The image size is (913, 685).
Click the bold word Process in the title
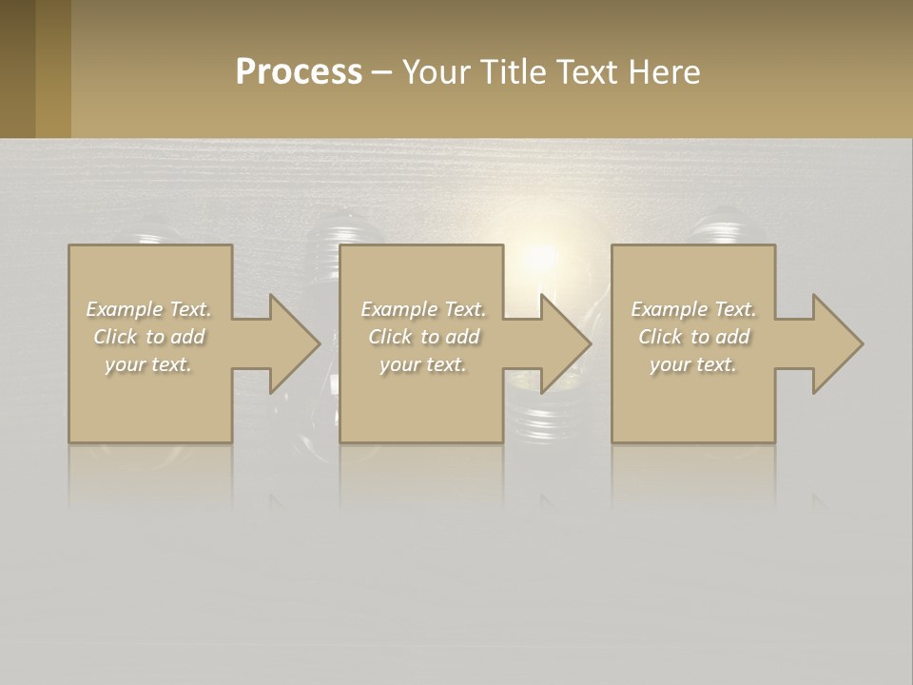(x=299, y=72)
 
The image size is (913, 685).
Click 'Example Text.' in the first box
(x=148, y=309)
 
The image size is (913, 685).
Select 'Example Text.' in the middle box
(x=423, y=309)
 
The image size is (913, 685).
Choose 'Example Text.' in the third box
(x=693, y=309)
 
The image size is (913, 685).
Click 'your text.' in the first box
(x=148, y=364)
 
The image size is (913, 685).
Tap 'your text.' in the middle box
(x=423, y=364)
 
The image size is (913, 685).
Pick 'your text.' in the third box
(x=693, y=364)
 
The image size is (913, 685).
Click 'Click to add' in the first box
(x=148, y=337)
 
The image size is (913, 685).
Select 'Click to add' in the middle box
(x=423, y=337)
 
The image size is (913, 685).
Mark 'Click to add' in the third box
(x=693, y=337)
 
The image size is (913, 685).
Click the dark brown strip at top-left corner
(x=17, y=68)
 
